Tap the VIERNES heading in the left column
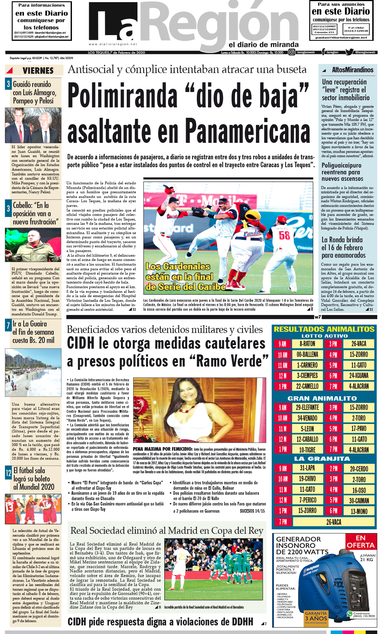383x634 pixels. click(38, 71)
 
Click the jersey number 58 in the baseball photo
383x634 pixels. click(285, 236)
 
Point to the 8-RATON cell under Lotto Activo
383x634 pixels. click(307, 344)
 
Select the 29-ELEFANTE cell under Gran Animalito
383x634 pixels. click(307, 407)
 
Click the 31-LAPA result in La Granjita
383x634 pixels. click(307, 468)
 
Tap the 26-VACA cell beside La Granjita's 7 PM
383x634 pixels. click(333, 522)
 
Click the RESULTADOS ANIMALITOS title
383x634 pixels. click(324, 329)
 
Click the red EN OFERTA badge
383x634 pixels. click(360, 542)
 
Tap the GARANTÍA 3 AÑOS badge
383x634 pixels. click(316, 617)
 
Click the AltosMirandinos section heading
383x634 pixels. click(352, 70)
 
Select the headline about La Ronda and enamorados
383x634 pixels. click(343, 247)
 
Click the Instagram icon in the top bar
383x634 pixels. click(292, 52)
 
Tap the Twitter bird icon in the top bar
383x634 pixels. click(349, 52)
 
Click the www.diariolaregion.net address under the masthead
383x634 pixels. click(113, 44)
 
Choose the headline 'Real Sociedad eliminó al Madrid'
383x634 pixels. click(167, 531)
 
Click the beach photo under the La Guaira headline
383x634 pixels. click(33, 372)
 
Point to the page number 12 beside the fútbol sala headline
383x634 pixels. click(9, 473)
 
